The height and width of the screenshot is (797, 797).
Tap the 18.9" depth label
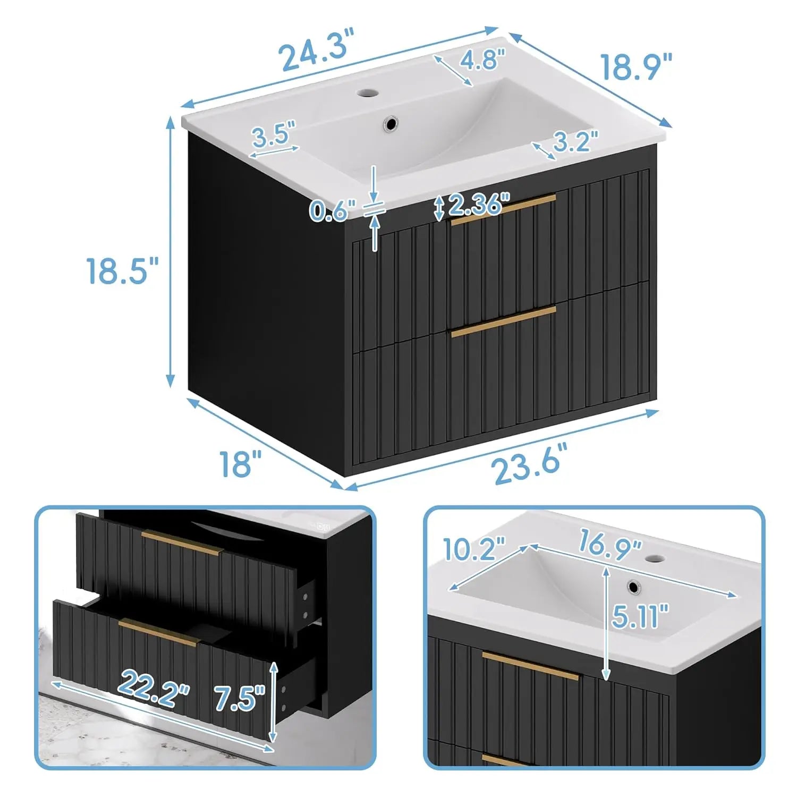point(637,66)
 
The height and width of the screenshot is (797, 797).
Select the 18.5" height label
point(123,270)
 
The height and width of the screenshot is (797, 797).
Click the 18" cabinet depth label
point(241,462)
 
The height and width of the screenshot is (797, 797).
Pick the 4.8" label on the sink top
point(482,60)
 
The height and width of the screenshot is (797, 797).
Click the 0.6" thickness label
point(333,211)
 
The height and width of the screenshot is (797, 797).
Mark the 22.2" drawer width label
point(155,688)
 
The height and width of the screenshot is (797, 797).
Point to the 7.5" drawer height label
point(240,697)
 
